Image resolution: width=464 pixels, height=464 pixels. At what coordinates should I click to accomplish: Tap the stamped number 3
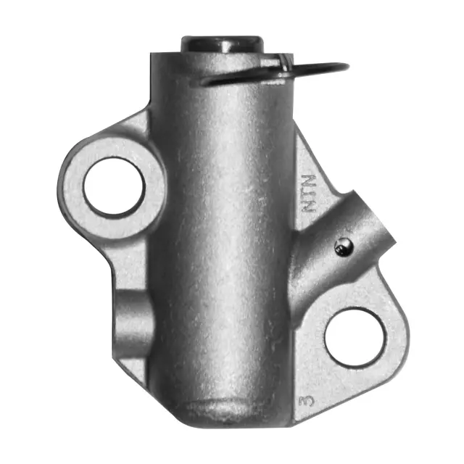click(310, 398)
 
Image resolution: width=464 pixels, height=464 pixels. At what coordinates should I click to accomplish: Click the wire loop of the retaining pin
click(319, 70)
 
